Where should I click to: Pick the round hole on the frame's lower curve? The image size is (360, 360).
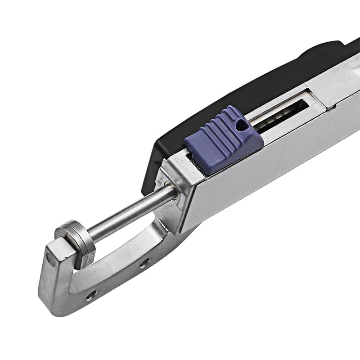click(92, 295)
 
